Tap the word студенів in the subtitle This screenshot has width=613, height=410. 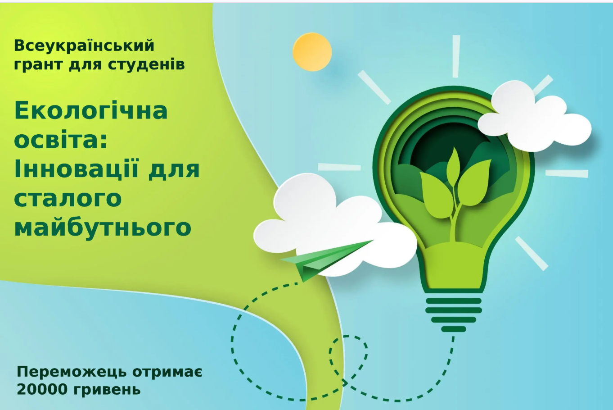146,64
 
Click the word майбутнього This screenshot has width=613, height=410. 103,228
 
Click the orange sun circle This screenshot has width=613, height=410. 312,52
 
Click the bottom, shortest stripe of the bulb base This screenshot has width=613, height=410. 454,329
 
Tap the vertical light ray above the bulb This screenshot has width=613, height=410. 456,56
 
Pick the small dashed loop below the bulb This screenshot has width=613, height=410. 348,359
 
